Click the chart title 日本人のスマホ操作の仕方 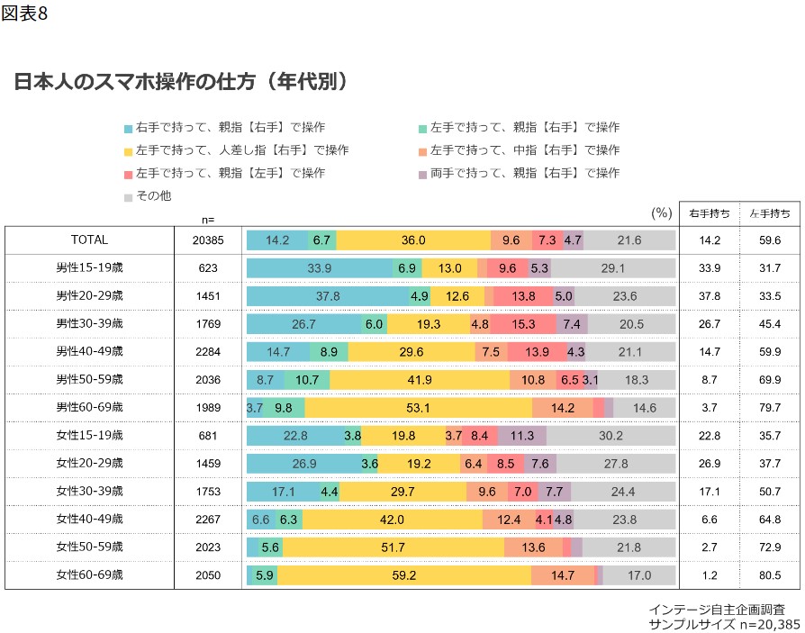point(180,82)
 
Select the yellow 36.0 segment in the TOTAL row point(413,240)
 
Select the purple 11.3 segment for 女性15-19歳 point(521,436)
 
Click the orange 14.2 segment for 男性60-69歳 point(563,408)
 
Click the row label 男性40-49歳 point(90,351)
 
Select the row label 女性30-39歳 point(90,491)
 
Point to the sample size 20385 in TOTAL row point(208,240)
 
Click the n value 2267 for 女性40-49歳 point(208,519)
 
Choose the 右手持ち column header point(709,213)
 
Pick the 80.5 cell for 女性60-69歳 point(770,574)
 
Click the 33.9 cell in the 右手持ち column point(709,268)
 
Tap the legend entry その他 point(152,194)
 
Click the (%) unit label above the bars point(662,213)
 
